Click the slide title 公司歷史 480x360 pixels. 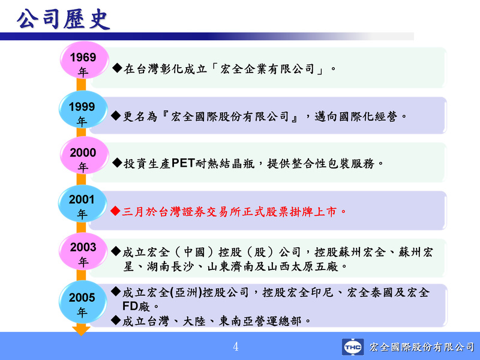[63, 20]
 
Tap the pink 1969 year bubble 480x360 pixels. [84, 61]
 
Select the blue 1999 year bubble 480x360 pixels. [83, 109]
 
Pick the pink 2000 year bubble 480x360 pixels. [84, 155]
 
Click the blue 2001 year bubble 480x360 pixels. [82, 203]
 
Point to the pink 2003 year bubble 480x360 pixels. [83, 251]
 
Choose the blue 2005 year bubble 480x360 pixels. [82, 302]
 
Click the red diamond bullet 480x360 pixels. [115, 211]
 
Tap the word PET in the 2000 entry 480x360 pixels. [183, 163]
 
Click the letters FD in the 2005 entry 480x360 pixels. [128, 306]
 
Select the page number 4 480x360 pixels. [236, 347]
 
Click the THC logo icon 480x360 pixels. [353, 347]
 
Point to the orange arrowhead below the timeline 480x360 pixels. [81, 331]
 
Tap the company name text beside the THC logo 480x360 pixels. [422, 347]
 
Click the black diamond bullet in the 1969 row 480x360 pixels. [117, 68]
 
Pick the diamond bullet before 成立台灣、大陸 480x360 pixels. [116, 320]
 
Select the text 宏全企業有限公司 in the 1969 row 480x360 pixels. [267, 69]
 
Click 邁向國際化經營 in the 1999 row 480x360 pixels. [356, 116]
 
